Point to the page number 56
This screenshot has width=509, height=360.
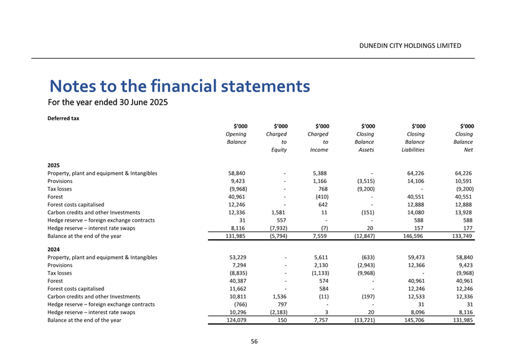254,341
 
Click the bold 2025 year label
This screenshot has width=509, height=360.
54,164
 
